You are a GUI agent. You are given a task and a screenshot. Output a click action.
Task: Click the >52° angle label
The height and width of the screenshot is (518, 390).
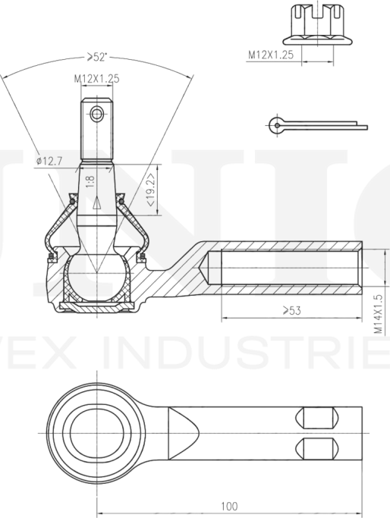pyautogui.click(x=97, y=55)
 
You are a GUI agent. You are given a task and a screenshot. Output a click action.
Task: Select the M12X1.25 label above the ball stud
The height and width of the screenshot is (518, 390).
pyautogui.click(x=96, y=78)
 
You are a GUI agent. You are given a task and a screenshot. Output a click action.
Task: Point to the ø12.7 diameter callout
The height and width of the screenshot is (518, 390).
pyautogui.click(x=48, y=161)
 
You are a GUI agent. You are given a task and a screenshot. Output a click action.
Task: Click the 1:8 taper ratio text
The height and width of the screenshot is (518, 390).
pyautogui.click(x=90, y=181)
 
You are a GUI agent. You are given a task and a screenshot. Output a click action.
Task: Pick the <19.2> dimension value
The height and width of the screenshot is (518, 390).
pyautogui.click(x=152, y=191)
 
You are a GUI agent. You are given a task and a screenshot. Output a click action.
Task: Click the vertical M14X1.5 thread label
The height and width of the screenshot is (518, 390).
pyautogui.click(x=377, y=315)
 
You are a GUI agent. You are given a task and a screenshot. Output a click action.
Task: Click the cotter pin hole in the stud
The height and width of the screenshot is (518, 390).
pyautogui.click(x=96, y=115)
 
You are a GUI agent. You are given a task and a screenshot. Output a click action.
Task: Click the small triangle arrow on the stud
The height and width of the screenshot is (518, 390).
pyautogui.click(x=96, y=202)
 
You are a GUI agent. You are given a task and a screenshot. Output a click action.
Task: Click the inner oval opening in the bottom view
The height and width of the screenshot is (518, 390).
pyautogui.click(x=96, y=426)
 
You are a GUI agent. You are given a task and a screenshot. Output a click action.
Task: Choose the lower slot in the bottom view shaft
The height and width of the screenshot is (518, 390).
pyautogui.click(x=316, y=445)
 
